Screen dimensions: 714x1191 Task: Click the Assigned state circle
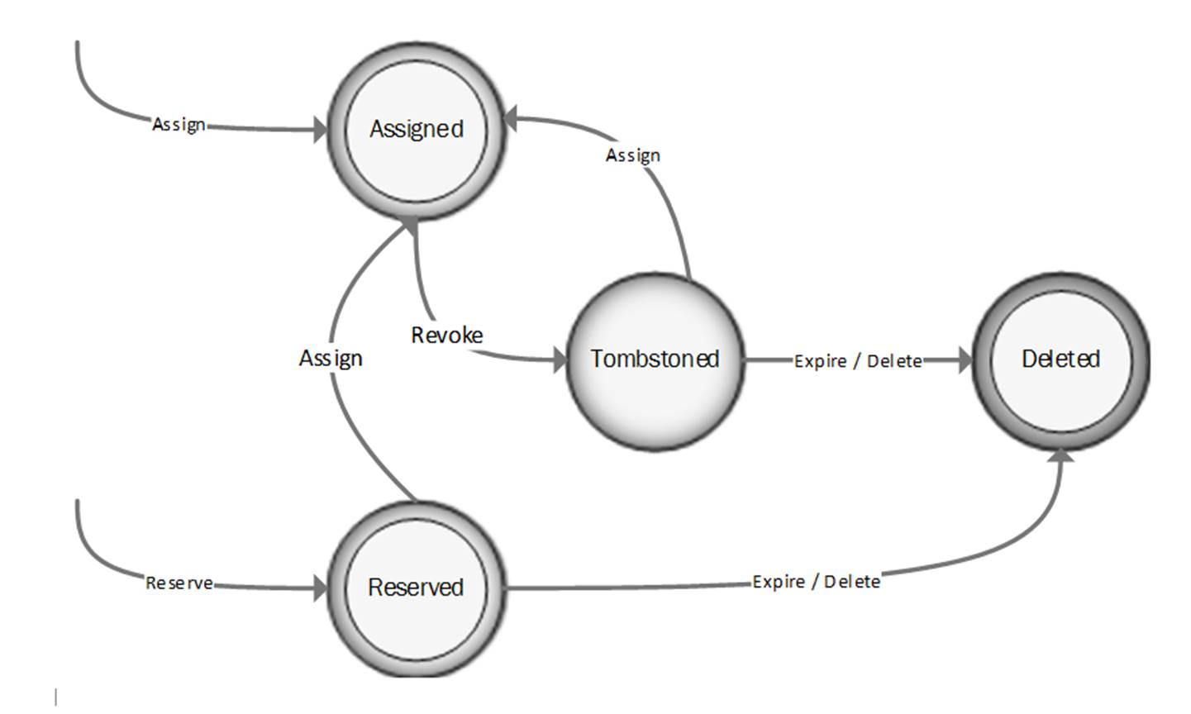[416, 130]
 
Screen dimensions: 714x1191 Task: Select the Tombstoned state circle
[655, 359]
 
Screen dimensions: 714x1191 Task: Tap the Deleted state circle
[1060, 359]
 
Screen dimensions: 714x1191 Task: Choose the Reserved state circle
[416, 588]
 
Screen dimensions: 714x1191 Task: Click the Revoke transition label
[447, 335]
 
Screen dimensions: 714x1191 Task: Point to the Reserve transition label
[179, 583]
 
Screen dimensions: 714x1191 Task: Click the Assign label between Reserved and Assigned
[331, 358]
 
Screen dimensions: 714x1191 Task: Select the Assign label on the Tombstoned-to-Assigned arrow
[632, 155]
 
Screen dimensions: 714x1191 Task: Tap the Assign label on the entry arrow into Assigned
[179, 124]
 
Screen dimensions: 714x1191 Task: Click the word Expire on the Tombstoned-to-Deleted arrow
[820, 361]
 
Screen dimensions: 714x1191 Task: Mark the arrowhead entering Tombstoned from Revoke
[560, 359]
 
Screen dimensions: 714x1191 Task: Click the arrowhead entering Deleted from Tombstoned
[965, 360]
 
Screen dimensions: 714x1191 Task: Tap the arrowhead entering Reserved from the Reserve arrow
[321, 588]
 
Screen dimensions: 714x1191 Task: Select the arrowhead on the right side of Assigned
[510, 119]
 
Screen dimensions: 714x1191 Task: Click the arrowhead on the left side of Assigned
[320, 130]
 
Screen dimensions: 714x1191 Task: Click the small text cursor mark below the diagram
[56, 697]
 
